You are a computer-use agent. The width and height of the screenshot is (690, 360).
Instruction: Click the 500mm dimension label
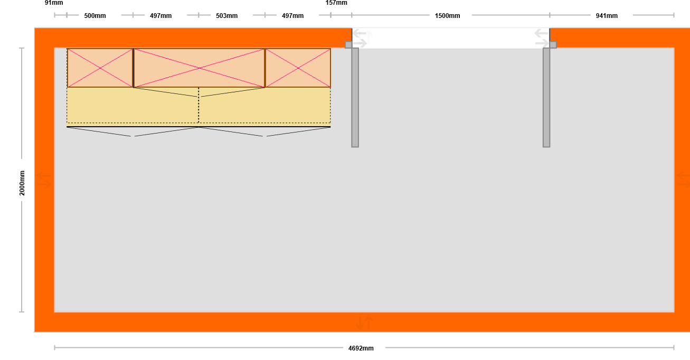(95, 16)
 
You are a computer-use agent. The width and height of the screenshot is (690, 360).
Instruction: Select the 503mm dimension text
(226, 16)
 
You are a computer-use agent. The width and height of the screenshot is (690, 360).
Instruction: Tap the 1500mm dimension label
(447, 16)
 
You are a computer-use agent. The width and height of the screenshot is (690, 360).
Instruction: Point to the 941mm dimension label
(607, 16)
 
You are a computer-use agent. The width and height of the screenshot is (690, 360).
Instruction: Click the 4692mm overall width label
(361, 348)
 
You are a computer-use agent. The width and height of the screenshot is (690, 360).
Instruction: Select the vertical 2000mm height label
(22, 183)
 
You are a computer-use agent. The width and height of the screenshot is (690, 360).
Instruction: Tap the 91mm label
(54, 3)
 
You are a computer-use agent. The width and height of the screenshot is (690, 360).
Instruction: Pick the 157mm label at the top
(336, 3)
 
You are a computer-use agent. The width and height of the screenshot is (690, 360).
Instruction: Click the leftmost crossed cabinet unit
(100, 68)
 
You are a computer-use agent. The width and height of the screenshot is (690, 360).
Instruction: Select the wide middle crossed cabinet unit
(200, 68)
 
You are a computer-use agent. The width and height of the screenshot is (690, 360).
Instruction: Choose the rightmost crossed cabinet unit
(298, 68)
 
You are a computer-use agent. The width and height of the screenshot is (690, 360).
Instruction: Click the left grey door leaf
(355, 97)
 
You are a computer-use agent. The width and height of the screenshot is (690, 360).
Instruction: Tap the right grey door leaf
(546, 97)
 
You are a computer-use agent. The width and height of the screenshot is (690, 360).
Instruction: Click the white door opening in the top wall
(451, 38)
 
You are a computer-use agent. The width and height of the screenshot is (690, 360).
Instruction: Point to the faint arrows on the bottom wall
(365, 323)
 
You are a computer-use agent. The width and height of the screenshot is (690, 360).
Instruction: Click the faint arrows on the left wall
(44, 180)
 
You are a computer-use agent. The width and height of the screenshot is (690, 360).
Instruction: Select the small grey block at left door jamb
(348, 45)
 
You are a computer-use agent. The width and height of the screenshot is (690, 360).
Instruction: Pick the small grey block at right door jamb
(553, 45)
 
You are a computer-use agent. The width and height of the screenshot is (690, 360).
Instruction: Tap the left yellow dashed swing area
(133, 106)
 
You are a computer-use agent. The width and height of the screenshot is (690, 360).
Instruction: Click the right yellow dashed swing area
(264, 106)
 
